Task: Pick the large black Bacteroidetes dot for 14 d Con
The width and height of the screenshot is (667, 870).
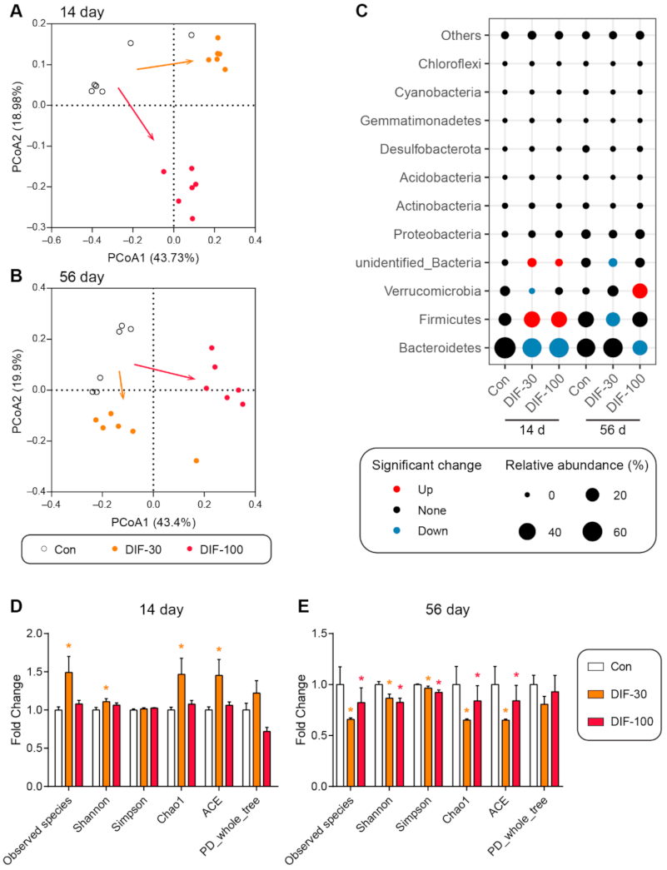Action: pyautogui.click(x=505, y=347)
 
